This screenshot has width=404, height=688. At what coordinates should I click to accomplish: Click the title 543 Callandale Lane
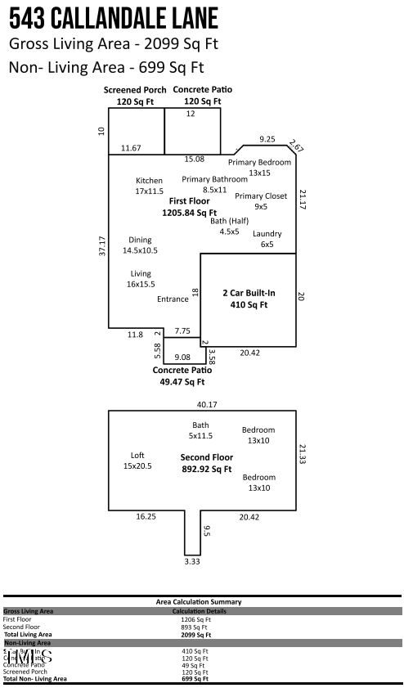(114, 18)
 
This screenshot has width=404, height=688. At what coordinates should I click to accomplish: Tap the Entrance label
(173, 299)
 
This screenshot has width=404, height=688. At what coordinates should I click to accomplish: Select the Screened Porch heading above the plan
(135, 90)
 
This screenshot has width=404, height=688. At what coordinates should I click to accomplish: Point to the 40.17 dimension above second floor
(207, 404)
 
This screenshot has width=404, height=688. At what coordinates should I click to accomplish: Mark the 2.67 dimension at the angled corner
(296, 146)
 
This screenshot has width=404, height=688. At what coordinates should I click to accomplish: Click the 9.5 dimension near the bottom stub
(207, 531)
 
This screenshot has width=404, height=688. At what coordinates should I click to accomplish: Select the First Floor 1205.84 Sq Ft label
(189, 206)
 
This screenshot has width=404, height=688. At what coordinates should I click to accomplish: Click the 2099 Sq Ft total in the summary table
(196, 634)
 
